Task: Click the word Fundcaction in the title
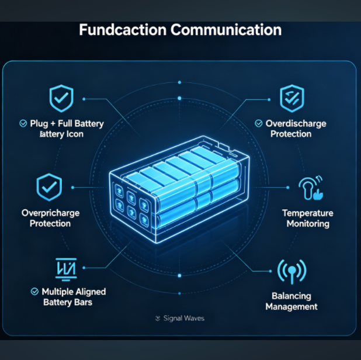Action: [x=123, y=30]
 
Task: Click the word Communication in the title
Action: [x=226, y=30]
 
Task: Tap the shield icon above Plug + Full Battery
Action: [x=61, y=98]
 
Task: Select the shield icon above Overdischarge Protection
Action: [x=292, y=98]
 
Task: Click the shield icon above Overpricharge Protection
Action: [x=49, y=187]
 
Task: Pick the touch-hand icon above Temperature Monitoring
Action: [x=311, y=188]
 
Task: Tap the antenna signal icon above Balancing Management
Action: [x=292, y=271]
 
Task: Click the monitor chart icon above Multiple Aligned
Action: [x=66, y=269]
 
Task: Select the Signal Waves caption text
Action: [x=184, y=319]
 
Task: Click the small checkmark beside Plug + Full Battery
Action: [x=23, y=123]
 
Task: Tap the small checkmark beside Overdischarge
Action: [x=259, y=123]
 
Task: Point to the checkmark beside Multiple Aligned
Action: [x=34, y=292]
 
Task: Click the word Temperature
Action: [x=308, y=213]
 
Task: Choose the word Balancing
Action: [x=291, y=296]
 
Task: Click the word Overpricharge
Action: [x=50, y=213]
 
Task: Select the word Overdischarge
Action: [x=296, y=124]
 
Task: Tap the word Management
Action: [x=291, y=307]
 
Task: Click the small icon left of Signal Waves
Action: [x=158, y=319]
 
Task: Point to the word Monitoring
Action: [x=308, y=224]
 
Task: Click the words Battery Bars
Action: [x=68, y=302]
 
